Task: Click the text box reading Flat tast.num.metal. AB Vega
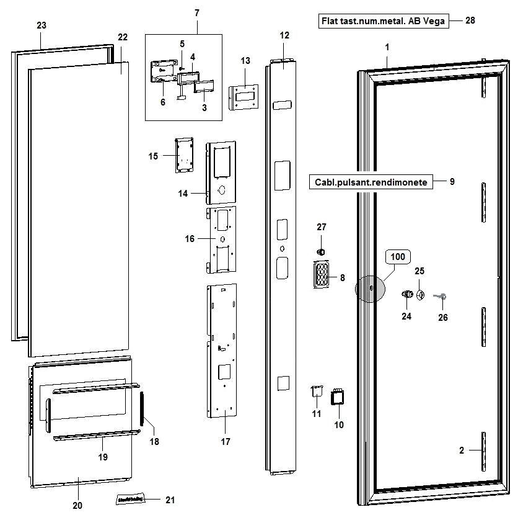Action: [x=383, y=21]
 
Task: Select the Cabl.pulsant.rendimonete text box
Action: [x=370, y=182]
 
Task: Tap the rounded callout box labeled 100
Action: [x=398, y=256]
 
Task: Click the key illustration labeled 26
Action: [x=441, y=298]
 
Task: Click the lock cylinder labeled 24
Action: [x=408, y=294]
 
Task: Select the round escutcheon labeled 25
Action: [x=420, y=295]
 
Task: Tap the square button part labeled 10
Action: [x=338, y=397]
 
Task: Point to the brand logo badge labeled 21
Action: [x=131, y=498]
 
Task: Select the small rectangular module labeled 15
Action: [x=183, y=155]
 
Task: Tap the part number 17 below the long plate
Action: [x=226, y=442]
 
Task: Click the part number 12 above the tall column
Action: [x=284, y=35]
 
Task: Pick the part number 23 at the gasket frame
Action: [x=42, y=25]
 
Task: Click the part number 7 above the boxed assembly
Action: [x=196, y=13]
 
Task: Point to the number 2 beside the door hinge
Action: [x=462, y=451]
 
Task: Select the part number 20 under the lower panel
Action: [x=77, y=506]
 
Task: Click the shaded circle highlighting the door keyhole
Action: [x=370, y=289]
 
